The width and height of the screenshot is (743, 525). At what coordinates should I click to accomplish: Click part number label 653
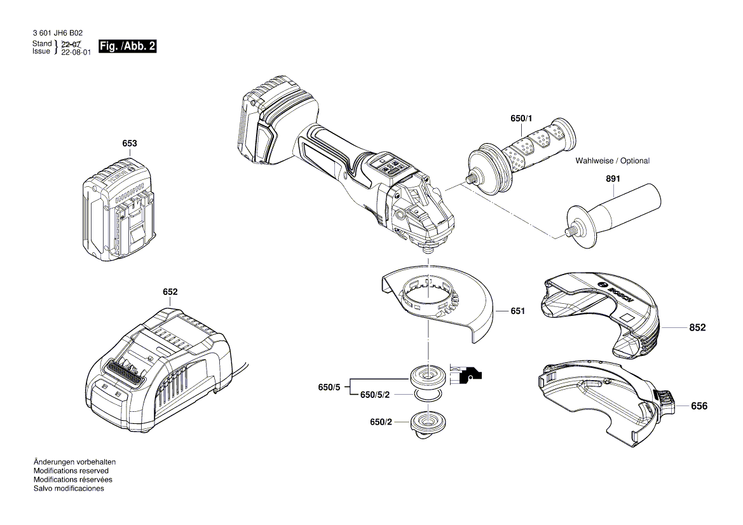[130, 144]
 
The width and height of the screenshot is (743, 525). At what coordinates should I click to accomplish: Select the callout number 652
[170, 292]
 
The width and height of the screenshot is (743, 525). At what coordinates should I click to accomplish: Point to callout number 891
[613, 179]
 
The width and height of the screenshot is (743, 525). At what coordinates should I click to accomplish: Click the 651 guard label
[517, 311]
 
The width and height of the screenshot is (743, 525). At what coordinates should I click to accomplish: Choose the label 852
[697, 328]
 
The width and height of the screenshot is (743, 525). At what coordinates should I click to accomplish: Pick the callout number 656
[699, 406]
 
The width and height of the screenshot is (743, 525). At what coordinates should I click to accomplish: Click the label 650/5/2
[375, 395]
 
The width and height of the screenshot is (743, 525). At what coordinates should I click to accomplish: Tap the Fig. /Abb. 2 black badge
[127, 47]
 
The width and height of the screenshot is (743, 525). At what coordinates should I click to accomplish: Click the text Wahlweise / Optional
[612, 161]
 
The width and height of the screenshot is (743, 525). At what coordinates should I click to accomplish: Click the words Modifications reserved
[71, 470]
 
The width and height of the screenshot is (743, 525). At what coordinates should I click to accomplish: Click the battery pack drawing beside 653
[119, 212]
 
